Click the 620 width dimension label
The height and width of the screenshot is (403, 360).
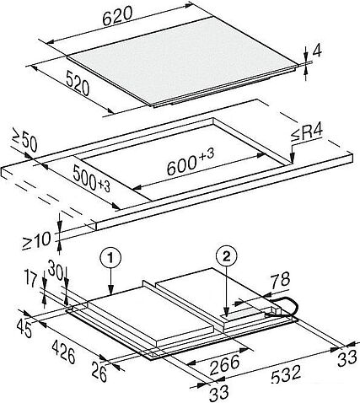[x=117, y=16]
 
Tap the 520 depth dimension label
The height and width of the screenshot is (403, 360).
[x=78, y=83]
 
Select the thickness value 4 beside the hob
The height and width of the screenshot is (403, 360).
[x=316, y=51]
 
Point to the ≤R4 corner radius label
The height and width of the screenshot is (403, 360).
[x=306, y=132]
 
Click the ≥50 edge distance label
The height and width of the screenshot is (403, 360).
[x=24, y=140]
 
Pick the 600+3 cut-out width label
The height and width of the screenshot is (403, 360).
[x=191, y=162]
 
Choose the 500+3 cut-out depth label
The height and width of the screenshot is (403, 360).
[x=91, y=179]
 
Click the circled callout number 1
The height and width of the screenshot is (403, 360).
[x=111, y=258]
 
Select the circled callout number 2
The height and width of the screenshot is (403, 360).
[x=226, y=255]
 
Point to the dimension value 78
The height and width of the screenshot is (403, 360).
[x=280, y=280]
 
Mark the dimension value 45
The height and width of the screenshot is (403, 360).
[x=24, y=328]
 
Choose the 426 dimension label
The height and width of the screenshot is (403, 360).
[x=64, y=352]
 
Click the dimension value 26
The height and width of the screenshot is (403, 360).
[x=99, y=373]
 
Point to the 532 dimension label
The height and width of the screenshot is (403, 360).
[x=286, y=373]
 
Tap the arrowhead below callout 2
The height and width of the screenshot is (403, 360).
[x=226, y=312]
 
